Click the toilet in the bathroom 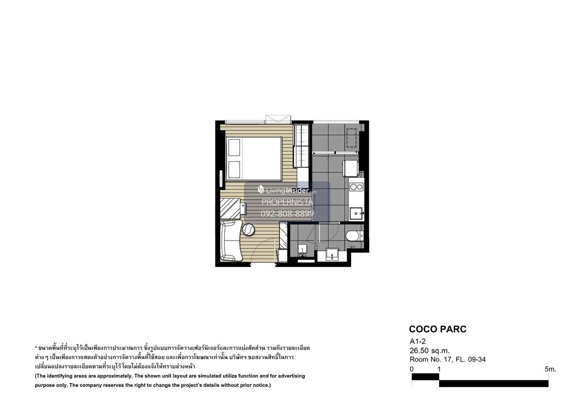click(354, 236)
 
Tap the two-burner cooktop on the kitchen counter click(356, 187)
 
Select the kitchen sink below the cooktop click(356, 213)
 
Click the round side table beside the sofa click(248, 229)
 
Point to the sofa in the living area click(231, 240)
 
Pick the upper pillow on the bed click(234, 147)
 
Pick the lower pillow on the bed click(234, 170)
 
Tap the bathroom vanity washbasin click(332, 254)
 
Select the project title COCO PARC click(438, 329)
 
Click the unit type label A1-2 click(418, 341)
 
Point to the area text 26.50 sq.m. click(430, 351)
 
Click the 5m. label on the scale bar click(551, 369)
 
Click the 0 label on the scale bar click(411, 369)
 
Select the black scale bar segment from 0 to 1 click(425, 376)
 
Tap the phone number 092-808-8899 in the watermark click(287, 213)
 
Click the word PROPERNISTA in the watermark click(287, 202)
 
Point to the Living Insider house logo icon click(261, 189)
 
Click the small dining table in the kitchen click(350, 168)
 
